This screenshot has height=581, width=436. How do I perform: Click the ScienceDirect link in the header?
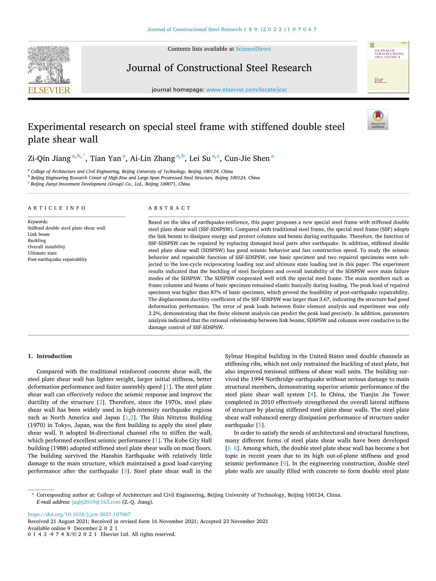pyautogui.click(x=253, y=49)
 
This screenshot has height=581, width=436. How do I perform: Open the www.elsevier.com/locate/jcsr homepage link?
pyautogui.click(x=247, y=89)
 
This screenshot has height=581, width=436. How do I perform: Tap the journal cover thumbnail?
pyautogui.click(x=388, y=67)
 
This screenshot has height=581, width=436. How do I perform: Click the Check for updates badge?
pyautogui.click(x=378, y=120)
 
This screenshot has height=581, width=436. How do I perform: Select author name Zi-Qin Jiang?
pyautogui.click(x=49, y=159)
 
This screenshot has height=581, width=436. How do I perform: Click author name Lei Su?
pyautogui.click(x=200, y=159)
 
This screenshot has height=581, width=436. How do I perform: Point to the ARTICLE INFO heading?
pyautogui.click(x=57, y=208)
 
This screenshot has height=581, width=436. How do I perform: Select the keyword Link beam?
pyautogui.click(x=39, y=234)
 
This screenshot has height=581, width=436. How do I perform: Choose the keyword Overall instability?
pyautogui.click(x=47, y=247)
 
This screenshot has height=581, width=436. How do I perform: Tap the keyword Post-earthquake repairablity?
pyautogui.click(x=57, y=259)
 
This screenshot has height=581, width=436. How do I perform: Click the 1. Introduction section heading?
pyautogui.click(x=50, y=356)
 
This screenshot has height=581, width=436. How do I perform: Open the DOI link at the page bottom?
pyautogui.click(x=79, y=515)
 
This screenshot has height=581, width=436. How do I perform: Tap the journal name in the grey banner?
pyautogui.click(x=219, y=68)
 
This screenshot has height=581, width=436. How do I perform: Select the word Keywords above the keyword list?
pyautogui.click(x=38, y=222)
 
